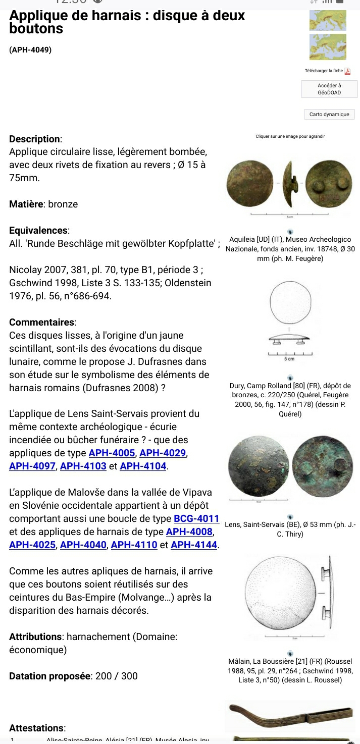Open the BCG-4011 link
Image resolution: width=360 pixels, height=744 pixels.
point(196,518)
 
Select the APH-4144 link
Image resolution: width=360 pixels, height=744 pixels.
point(194,545)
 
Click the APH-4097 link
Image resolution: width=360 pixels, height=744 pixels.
point(32,466)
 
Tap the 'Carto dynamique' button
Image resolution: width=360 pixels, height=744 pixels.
point(329,115)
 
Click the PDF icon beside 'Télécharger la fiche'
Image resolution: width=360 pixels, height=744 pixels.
point(347,71)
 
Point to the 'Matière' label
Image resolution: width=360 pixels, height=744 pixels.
point(27,204)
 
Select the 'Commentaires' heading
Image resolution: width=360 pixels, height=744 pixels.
point(42,322)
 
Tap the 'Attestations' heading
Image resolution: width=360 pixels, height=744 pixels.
point(37,728)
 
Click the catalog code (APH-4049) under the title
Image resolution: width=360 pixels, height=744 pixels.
point(30,50)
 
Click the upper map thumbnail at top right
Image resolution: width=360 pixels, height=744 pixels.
point(328,20)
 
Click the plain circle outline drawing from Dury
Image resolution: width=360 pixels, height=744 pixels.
point(291,303)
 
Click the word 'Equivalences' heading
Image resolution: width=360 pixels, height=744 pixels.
point(39,231)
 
